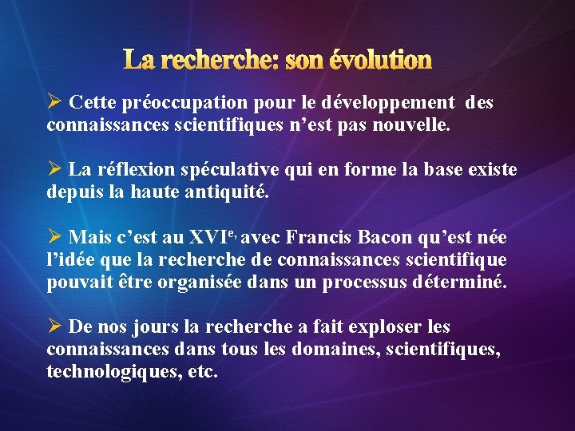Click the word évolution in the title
click(x=380, y=60)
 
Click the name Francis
click(x=311, y=237)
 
